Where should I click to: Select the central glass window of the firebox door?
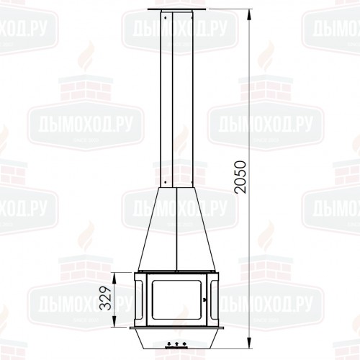[176, 299]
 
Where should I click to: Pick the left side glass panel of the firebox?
[139, 299]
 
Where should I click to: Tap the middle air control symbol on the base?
[176, 344]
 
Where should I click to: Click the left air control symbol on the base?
[168, 344]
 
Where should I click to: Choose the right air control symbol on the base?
[184, 344]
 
